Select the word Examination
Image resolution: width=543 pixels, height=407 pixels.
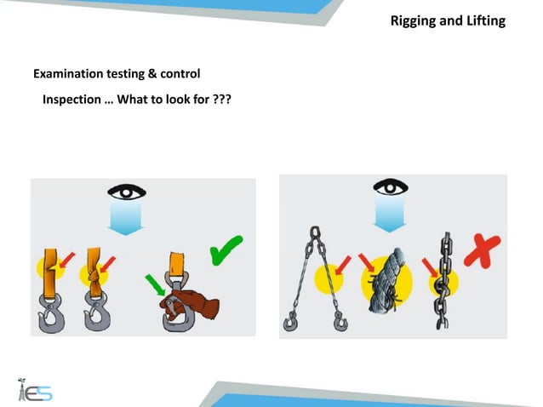67,74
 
